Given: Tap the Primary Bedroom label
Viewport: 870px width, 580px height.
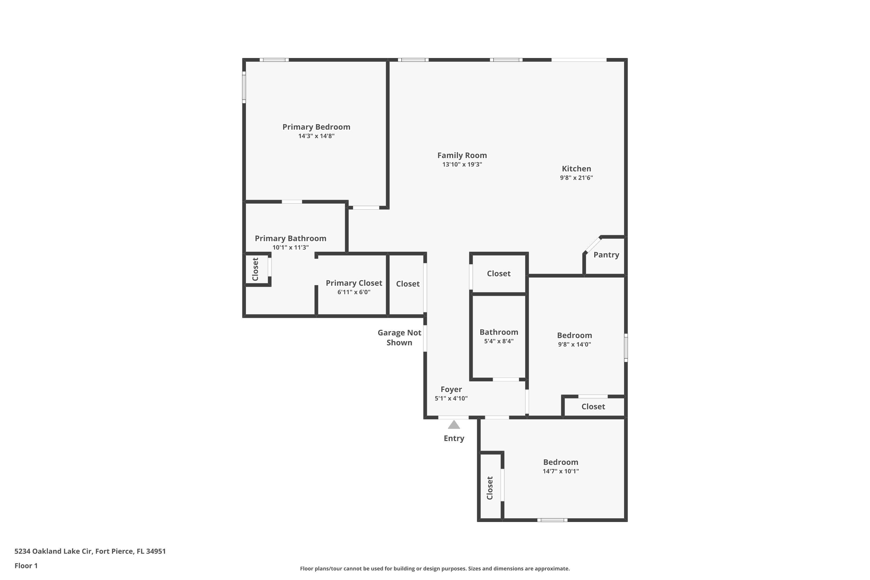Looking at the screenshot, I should point(316,127).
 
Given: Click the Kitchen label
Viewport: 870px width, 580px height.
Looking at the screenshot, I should point(576,169).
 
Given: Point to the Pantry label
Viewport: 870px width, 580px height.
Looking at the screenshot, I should point(606,255).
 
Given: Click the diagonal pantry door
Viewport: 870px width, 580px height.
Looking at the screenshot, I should point(592,244).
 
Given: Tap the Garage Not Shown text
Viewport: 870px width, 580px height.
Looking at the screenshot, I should point(399,337).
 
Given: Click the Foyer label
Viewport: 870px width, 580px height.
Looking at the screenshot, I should point(451,389).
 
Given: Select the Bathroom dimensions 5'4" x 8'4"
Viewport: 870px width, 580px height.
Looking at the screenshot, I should point(499,341).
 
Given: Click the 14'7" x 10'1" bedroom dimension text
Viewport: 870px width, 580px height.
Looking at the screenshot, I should point(560,471).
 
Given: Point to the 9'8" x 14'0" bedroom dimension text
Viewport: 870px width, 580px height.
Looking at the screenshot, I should point(574,345).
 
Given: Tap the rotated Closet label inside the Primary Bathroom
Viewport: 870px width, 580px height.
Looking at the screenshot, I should point(255,269).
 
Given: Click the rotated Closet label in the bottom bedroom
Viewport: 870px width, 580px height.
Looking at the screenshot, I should point(490,488).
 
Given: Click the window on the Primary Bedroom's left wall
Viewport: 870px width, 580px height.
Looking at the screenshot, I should point(244,87).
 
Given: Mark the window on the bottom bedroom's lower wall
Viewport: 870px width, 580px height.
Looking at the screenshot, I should point(552,520).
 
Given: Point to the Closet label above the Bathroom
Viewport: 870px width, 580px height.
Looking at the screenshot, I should point(498,274).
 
